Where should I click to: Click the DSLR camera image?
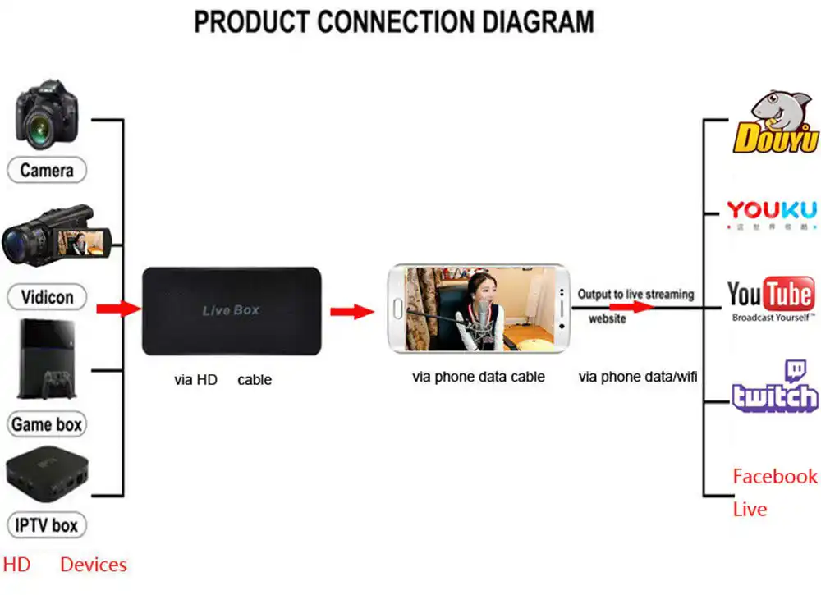(x=47, y=115)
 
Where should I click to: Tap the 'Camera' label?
(x=47, y=171)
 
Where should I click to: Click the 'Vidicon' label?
(x=47, y=297)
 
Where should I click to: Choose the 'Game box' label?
(x=47, y=424)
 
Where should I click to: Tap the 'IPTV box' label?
(x=47, y=525)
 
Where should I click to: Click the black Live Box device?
(x=231, y=310)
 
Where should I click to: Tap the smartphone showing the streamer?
(x=479, y=309)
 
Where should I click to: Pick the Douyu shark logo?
(x=775, y=123)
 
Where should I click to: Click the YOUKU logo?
(x=772, y=212)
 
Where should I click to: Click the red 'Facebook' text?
(x=774, y=477)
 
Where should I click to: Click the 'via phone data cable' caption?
(x=479, y=378)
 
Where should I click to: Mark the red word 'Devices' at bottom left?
(x=94, y=565)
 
